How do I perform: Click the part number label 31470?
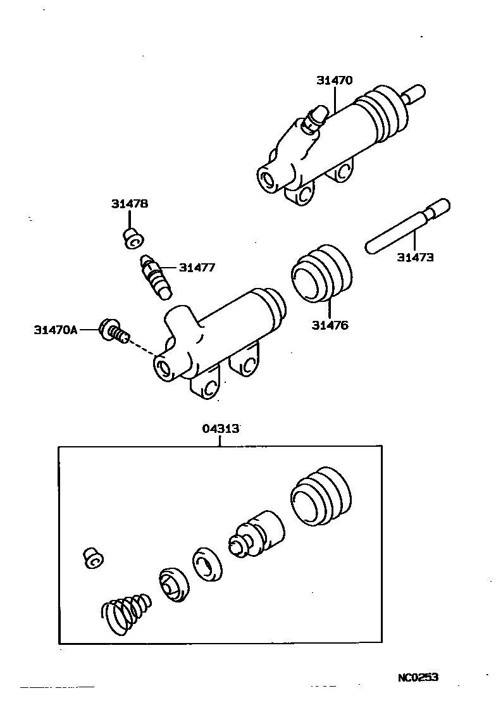(x=335, y=80)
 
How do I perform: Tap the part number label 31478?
(x=130, y=204)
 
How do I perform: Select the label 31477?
(x=197, y=268)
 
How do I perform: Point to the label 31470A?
(x=56, y=329)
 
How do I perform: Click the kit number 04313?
(x=221, y=428)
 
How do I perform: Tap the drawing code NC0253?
(x=418, y=678)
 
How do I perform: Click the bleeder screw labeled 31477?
(x=156, y=276)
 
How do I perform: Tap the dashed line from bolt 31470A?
(x=142, y=347)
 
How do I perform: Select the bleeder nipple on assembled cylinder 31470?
(x=314, y=118)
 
